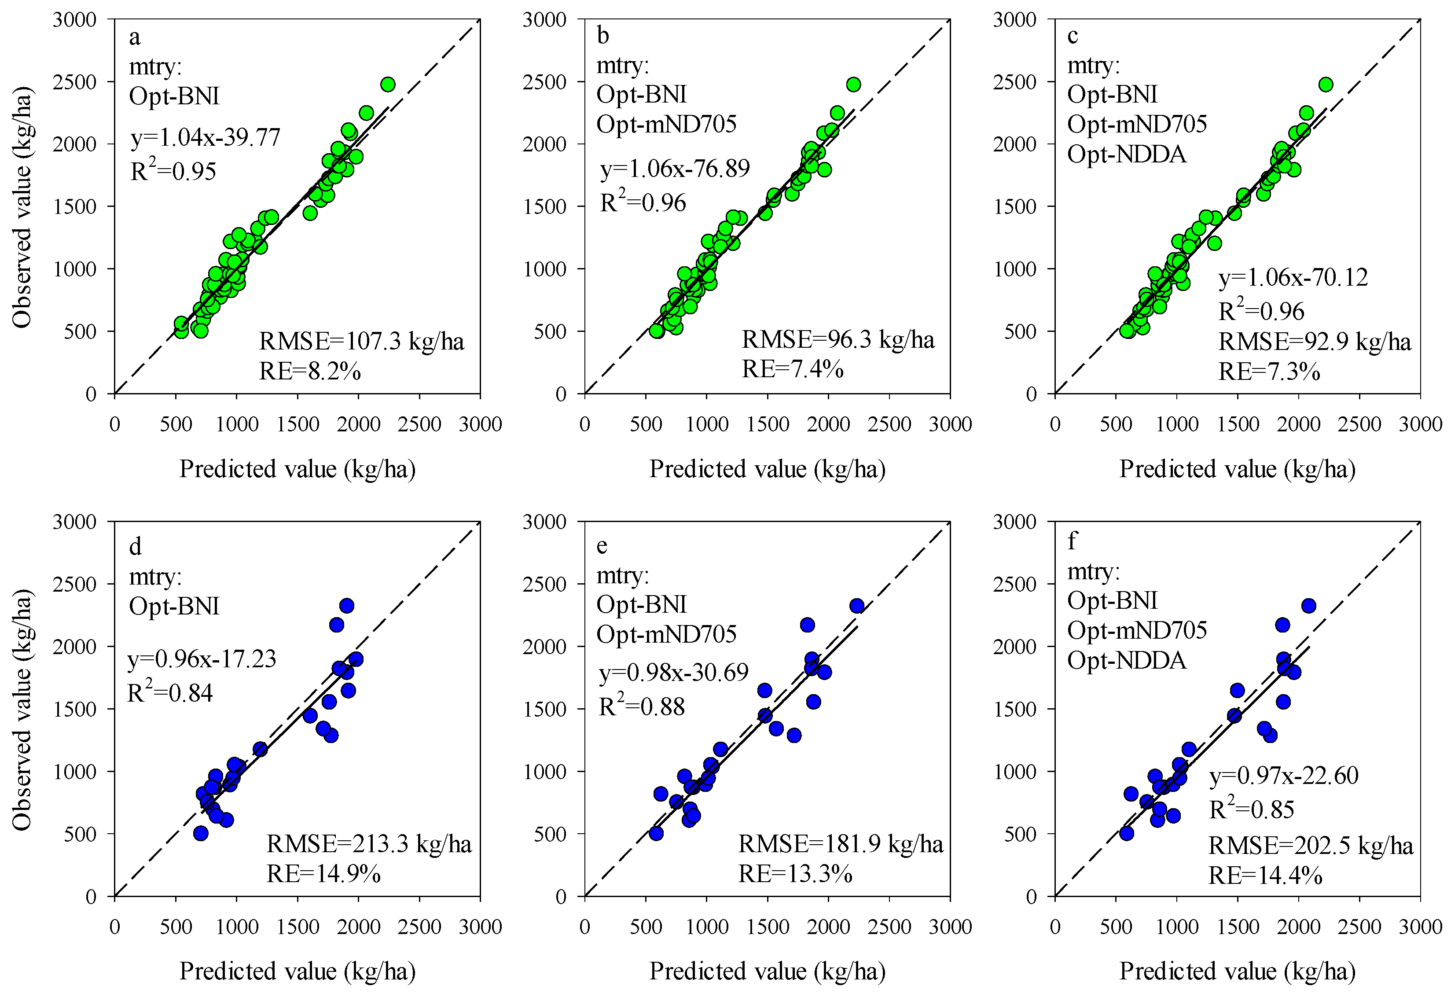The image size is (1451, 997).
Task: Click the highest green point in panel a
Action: (x=388, y=85)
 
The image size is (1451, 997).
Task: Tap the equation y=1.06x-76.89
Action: (x=675, y=169)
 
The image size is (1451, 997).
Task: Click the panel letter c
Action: (x=1073, y=36)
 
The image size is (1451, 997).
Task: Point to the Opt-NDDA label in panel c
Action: (x=1126, y=154)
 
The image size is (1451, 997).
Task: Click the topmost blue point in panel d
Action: (x=347, y=605)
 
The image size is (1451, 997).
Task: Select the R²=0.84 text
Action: (x=170, y=693)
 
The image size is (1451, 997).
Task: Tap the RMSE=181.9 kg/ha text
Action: (x=840, y=844)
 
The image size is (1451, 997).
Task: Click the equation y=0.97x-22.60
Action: (x=1284, y=775)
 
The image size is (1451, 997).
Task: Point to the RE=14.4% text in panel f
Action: (x=1265, y=876)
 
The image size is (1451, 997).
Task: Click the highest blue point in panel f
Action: (x=1308, y=605)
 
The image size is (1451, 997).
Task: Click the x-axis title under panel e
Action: (x=767, y=971)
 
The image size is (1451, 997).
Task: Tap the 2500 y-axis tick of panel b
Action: (x=544, y=82)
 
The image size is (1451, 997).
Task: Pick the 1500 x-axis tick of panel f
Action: (x=1238, y=927)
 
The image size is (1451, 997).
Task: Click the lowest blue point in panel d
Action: (x=201, y=833)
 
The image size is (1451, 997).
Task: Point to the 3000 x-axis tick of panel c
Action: (x=1420, y=425)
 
